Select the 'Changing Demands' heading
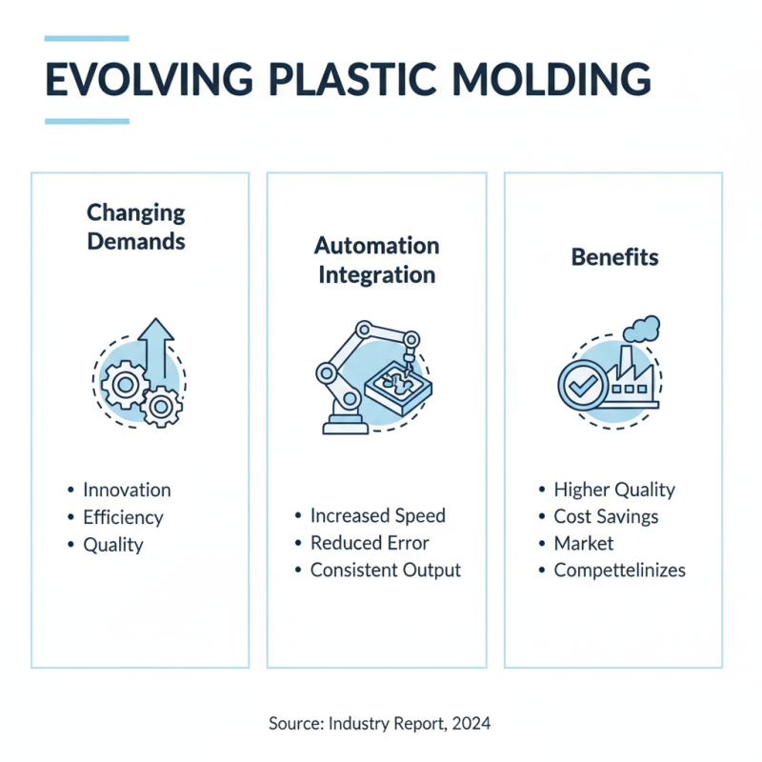point(136,227)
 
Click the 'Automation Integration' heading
point(376,260)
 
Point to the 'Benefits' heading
point(614,257)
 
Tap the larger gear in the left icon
point(124,386)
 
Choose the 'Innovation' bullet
point(127,491)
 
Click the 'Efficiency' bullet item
point(123,518)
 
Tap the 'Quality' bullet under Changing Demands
point(112,545)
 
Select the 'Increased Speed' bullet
point(377,515)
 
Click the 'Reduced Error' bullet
point(370,543)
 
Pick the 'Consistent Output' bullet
point(385,571)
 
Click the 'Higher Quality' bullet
point(614,490)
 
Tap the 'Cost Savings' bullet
point(606,516)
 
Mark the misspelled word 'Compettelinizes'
point(619,571)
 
